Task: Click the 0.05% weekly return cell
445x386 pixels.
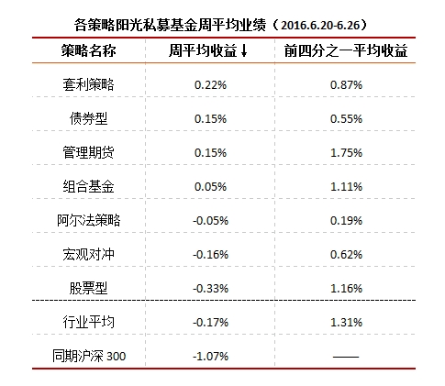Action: click(211, 186)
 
